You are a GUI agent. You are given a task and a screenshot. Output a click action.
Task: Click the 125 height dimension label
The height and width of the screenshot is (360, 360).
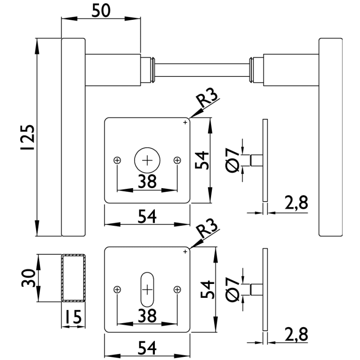28,137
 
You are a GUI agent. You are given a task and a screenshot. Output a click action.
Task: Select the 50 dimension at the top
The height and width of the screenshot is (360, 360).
101,10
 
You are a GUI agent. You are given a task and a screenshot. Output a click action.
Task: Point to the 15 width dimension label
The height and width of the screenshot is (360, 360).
72,318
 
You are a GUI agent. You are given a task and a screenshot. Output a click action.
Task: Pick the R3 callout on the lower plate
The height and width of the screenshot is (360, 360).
208,231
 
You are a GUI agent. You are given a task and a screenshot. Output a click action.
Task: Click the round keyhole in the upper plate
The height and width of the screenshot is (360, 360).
147,160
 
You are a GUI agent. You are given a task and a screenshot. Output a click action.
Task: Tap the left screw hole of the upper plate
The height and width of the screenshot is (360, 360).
117,160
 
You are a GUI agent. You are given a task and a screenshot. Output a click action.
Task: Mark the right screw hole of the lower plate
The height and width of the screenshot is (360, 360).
177,290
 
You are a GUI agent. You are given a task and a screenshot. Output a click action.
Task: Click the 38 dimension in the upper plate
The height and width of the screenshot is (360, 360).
147,181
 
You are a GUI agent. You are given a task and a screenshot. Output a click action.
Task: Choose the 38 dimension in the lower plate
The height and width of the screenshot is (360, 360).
147,316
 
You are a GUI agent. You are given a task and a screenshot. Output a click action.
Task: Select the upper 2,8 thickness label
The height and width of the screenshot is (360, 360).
296,203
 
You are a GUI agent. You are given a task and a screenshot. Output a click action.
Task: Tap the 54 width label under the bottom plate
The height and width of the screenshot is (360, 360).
147,348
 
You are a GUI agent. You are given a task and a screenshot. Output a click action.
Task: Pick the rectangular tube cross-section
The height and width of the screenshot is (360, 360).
73,278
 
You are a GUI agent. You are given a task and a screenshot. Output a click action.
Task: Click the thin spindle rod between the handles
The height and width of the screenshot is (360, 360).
202,70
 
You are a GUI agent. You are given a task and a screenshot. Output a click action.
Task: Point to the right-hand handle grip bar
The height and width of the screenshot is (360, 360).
330,137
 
